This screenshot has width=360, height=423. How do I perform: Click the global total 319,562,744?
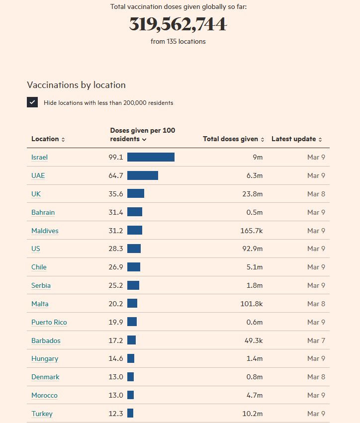click(x=178, y=24)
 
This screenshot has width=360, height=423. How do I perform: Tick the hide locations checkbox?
click(x=32, y=102)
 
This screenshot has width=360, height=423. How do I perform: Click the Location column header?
click(x=48, y=139)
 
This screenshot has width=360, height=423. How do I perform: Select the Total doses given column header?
click(x=233, y=139)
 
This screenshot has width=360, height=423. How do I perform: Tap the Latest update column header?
click(x=296, y=139)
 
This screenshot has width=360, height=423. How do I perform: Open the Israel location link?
click(x=39, y=157)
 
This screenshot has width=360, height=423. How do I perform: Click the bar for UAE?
click(x=143, y=175)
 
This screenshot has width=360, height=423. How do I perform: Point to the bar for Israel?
click(x=151, y=157)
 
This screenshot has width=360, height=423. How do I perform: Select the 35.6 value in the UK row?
click(x=116, y=194)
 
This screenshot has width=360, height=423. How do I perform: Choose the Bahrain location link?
click(x=43, y=212)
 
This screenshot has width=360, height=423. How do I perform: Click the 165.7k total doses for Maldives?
click(x=251, y=231)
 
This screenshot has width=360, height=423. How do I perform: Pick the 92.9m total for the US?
click(x=252, y=249)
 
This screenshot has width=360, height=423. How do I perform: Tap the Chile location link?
click(x=39, y=267)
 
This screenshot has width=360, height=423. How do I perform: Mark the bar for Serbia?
click(x=133, y=285)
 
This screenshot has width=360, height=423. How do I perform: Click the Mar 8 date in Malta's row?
click(x=316, y=304)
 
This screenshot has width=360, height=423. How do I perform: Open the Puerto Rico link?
click(x=49, y=322)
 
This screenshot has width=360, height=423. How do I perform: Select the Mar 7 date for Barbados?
click(x=316, y=340)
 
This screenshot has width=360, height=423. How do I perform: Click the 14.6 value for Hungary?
click(x=116, y=358)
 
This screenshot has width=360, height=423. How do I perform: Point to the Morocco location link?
click(x=44, y=395)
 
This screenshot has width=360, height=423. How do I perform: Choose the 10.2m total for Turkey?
click(x=252, y=414)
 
